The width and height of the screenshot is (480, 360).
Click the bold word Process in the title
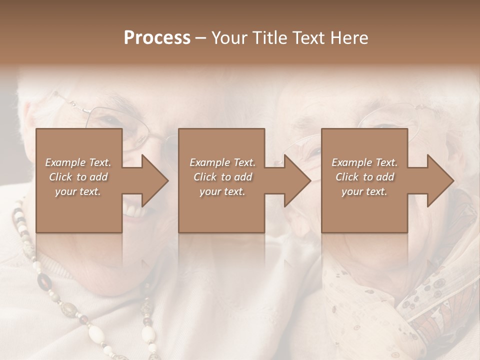(x=157, y=38)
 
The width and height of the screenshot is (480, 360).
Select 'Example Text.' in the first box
(x=78, y=162)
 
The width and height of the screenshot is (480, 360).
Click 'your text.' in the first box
(x=78, y=191)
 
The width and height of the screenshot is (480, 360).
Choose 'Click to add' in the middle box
(x=222, y=177)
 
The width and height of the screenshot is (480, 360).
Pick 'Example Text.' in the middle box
(x=222, y=162)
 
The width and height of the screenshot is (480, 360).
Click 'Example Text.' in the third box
(x=364, y=162)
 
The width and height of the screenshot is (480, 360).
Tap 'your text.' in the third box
(x=364, y=191)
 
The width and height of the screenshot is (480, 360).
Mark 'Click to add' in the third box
(x=364, y=177)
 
